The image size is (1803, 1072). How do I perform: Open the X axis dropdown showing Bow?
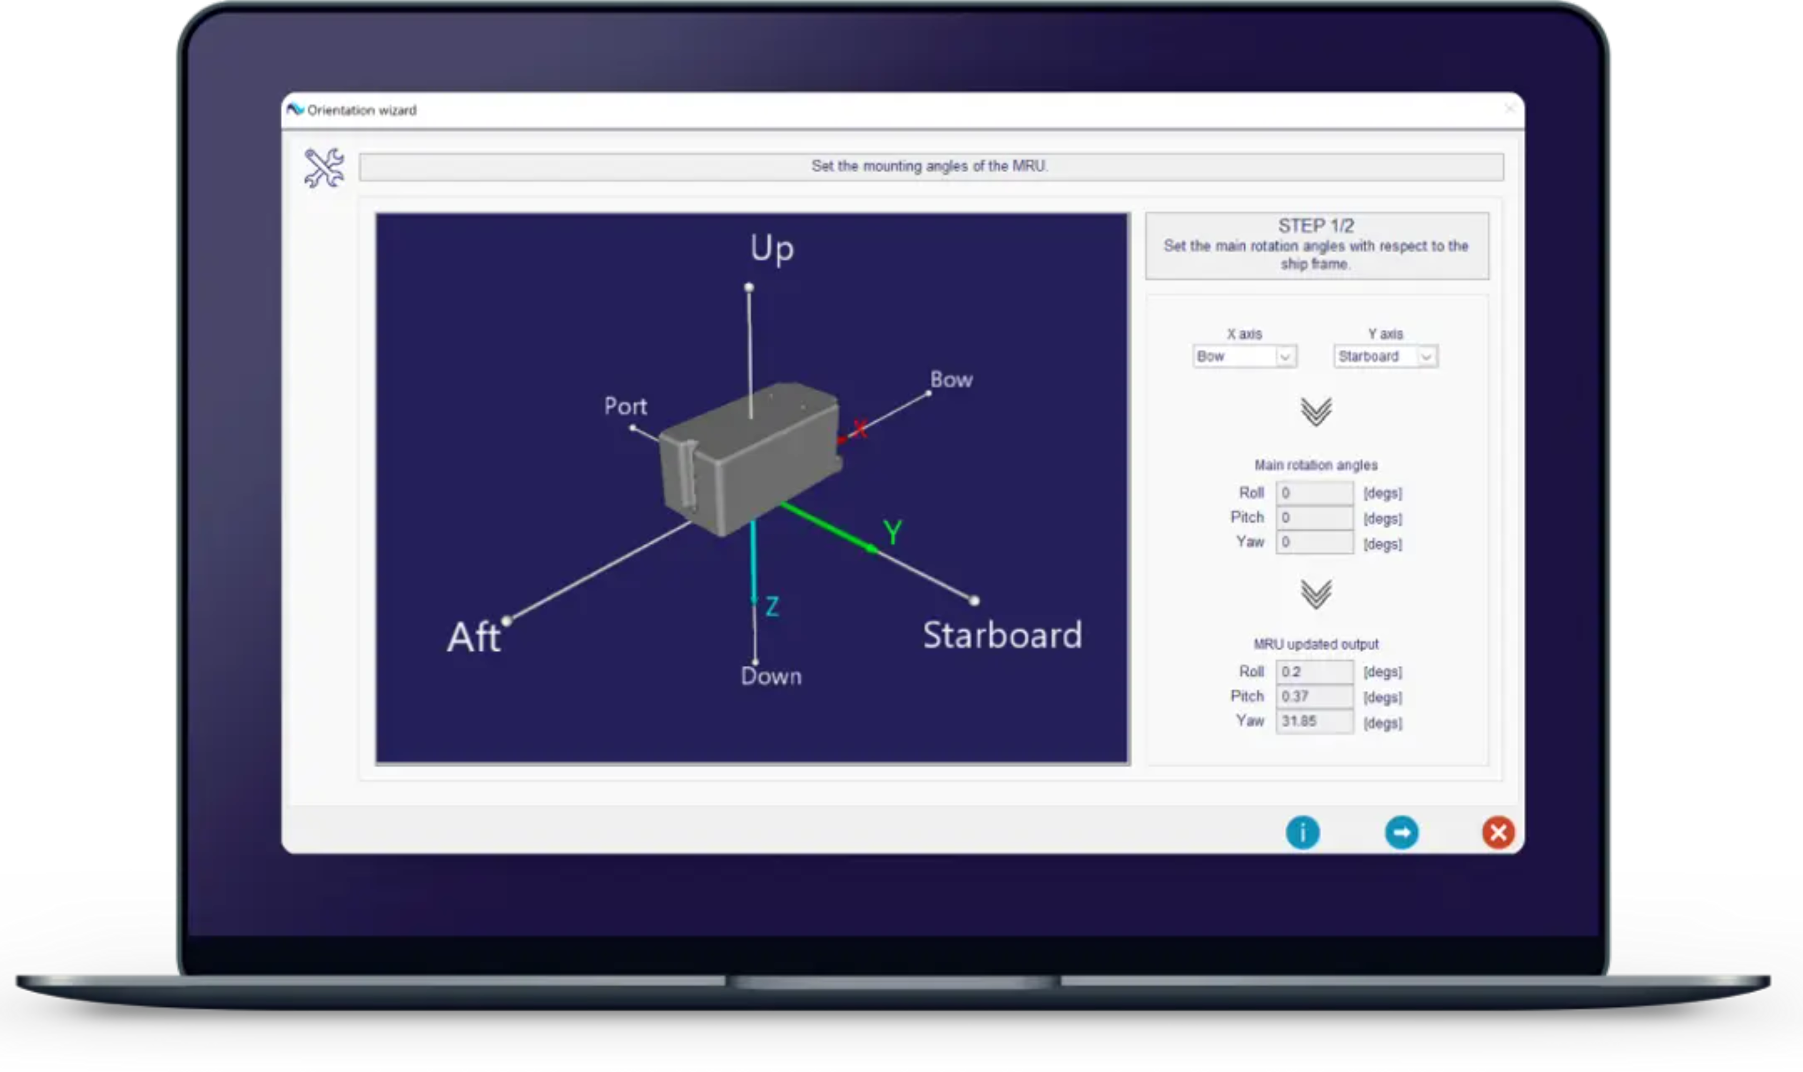point(1244,356)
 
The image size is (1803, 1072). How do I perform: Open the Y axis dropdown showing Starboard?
point(1385,356)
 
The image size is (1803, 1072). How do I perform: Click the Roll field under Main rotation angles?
point(1314,493)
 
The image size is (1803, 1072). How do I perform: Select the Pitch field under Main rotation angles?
point(1314,517)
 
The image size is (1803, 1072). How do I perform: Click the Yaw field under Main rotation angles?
point(1314,542)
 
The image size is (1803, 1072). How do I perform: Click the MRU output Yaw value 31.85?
point(1314,721)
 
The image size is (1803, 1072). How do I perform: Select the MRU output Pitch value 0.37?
point(1314,696)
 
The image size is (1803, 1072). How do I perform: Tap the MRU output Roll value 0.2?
point(1314,672)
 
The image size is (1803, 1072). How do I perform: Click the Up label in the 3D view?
point(771,248)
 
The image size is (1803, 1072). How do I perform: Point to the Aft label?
point(474,637)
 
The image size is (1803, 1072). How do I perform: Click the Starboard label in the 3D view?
point(1002,635)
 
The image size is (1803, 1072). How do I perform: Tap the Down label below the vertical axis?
point(771,676)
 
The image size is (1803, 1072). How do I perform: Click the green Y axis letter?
point(892,532)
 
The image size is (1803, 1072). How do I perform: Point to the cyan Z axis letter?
point(771,606)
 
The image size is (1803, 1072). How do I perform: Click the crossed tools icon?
point(324,168)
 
